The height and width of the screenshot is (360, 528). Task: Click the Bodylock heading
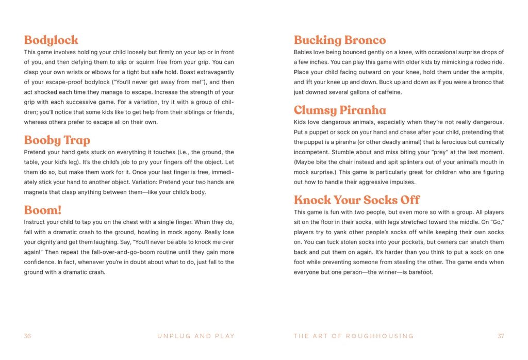(x=51, y=40)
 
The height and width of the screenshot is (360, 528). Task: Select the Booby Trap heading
(x=57, y=140)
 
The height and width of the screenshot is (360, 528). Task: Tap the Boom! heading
(x=43, y=210)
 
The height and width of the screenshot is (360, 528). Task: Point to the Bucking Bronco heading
(x=340, y=40)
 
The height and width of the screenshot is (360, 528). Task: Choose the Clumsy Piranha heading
(x=340, y=110)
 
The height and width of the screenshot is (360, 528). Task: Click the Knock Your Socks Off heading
(x=357, y=200)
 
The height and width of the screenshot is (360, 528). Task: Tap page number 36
(x=27, y=336)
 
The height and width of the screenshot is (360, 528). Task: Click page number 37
(x=501, y=336)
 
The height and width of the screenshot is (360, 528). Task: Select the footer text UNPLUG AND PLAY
(x=196, y=336)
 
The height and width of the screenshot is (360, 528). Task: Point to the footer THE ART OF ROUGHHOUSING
(x=354, y=336)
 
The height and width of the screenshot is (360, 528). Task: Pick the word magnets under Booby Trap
(x=37, y=192)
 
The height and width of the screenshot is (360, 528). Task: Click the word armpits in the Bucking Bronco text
(x=491, y=72)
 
